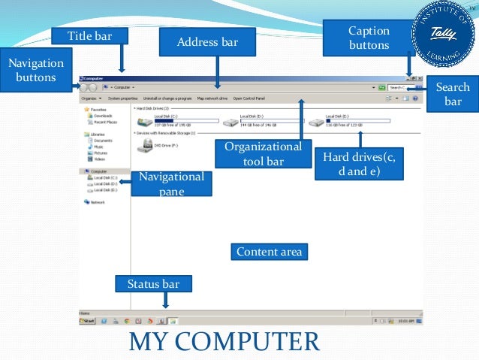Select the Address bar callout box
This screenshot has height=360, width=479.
(x=207, y=42)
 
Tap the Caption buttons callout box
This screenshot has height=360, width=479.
(x=369, y=38)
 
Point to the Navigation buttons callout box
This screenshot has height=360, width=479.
(x=35, y=70)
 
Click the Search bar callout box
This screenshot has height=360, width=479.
(x=453, y=94)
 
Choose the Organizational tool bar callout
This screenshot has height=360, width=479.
(x=263, y=153)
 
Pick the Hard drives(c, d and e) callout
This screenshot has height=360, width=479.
(x=363, y=163)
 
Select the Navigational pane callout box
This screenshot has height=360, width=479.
(x=171, y=183)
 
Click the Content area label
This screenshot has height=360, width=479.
(x=269, y=252)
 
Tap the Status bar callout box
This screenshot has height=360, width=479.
(x=153, y=283)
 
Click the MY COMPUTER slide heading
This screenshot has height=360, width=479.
(x=224, y=341)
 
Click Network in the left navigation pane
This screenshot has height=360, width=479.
(x=97, y=202)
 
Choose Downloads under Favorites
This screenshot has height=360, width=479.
(x=102, y=116)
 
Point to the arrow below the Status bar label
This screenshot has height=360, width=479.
(x=165, y=299)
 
